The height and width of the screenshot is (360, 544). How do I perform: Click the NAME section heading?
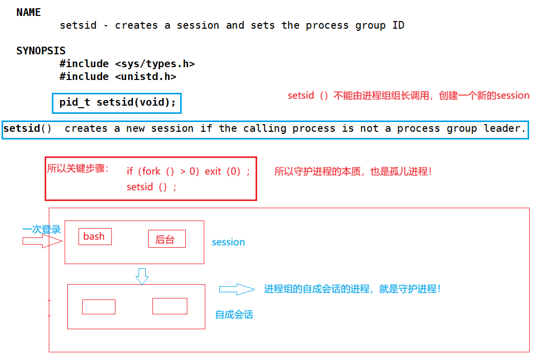pos(29,12)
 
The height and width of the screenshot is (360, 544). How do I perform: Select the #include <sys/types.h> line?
pos(127,64)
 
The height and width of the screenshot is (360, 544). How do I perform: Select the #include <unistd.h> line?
pos(118,76)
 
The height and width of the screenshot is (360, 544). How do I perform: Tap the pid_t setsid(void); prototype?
pos(118,103)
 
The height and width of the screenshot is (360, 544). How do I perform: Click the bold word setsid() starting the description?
pos(27,128)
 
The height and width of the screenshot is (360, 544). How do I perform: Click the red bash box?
pos(94,236)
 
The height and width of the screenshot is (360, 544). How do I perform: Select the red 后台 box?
pos(167,239)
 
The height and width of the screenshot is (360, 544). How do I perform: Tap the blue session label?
pos(228,242)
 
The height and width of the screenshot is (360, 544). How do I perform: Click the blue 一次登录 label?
pos(42,229)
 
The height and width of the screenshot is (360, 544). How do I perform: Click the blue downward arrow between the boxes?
pos(142,276)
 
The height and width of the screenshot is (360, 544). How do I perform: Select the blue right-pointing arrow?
pos(237,289)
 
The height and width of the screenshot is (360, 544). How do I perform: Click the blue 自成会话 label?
pos(234,314)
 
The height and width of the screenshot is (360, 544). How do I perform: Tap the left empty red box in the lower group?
pos(99,307)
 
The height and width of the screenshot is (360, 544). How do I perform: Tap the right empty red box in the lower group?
pos(169,306)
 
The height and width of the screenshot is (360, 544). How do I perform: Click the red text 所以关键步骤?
pos(78,168)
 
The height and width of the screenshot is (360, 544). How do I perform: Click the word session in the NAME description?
pos(198,25)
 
